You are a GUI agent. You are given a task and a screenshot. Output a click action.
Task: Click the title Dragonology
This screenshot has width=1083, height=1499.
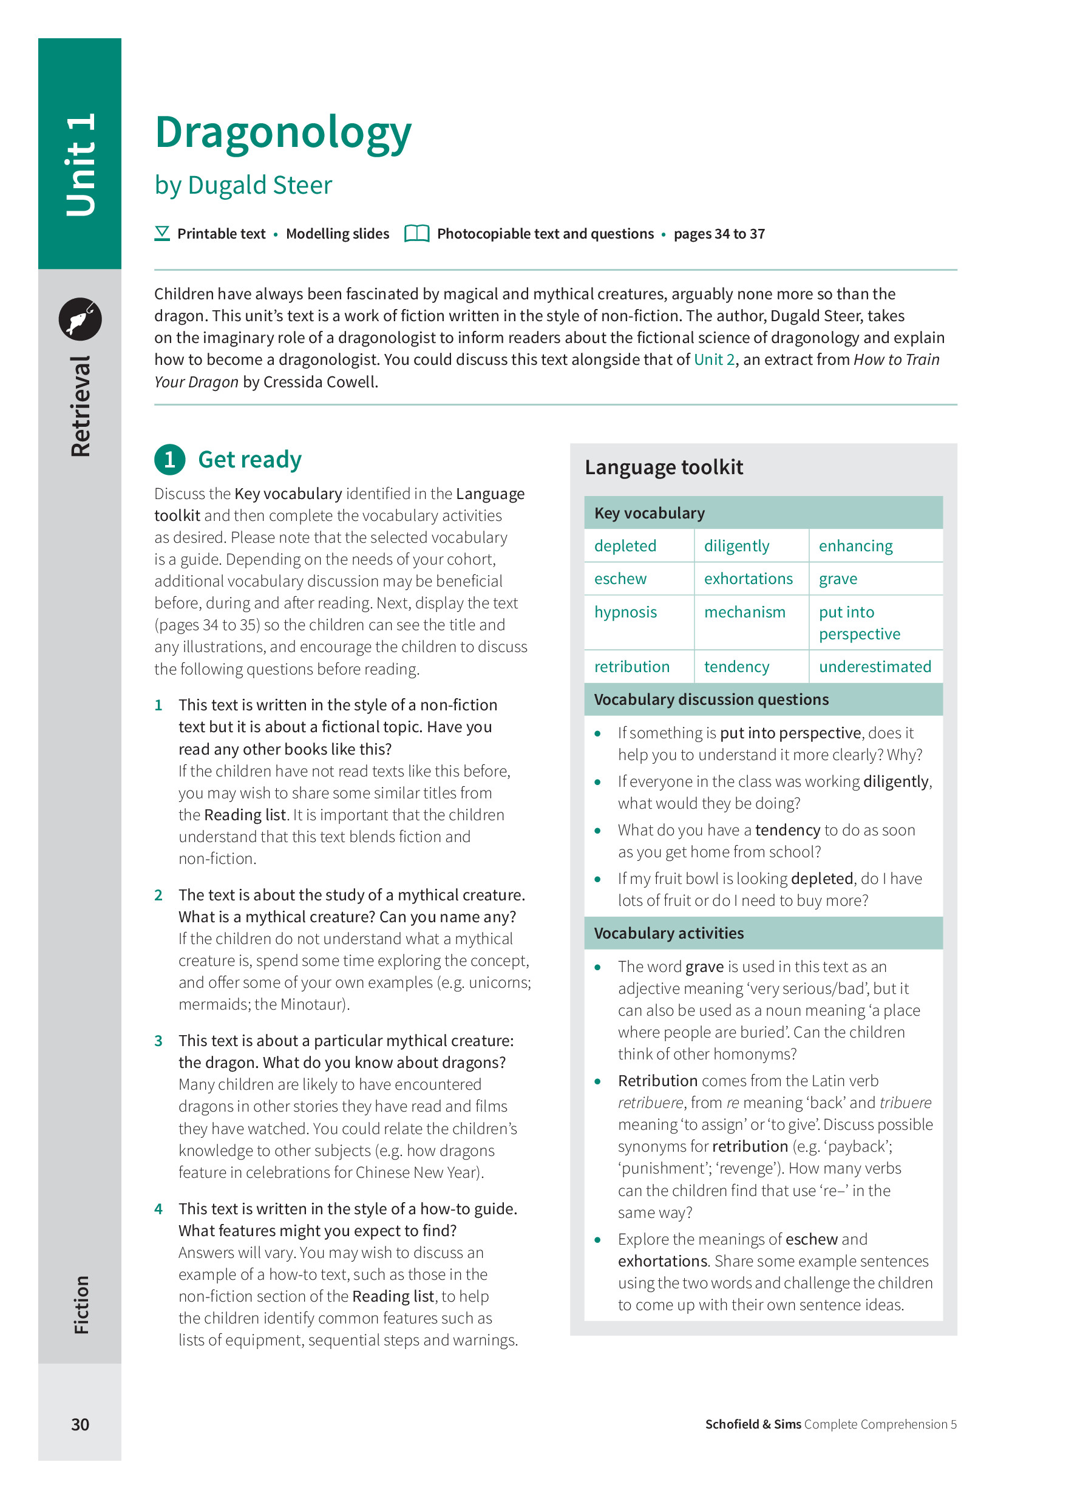[x=283, y=132]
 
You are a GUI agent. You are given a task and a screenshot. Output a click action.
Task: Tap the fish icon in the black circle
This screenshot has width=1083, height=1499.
[x=80, y=319]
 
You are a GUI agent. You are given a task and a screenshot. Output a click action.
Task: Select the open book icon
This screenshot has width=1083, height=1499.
[x=416, y=234]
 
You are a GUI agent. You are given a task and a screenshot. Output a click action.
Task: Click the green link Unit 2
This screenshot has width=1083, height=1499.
[x=714, y=360]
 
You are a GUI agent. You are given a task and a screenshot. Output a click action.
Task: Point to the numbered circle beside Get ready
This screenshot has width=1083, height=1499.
[x=170, y=460]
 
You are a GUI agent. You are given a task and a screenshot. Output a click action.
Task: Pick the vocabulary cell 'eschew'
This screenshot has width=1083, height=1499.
[x=620, y=579]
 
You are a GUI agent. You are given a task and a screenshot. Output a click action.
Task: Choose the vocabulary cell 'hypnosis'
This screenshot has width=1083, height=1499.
[x=625, y=613]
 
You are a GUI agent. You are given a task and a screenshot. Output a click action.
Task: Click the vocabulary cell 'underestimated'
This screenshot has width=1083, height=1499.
[x=874, y=667]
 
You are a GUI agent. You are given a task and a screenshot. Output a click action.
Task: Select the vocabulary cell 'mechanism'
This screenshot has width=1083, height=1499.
[x=745, y=613]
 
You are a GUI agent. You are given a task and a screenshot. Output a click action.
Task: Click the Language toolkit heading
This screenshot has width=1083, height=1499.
[x=664, y=468]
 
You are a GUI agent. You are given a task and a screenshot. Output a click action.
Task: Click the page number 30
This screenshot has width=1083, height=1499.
[x=80, y=1424]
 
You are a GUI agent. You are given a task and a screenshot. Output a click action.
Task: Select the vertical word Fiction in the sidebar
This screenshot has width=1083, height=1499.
[x=81, y=1305]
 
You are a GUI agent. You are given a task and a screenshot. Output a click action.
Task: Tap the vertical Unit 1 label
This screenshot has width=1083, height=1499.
[x=81, y=165]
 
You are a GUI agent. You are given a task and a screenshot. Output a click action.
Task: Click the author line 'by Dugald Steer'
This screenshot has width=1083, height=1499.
[x=243, y=186]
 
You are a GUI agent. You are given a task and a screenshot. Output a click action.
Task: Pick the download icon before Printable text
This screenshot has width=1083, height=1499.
[x=162, y=234]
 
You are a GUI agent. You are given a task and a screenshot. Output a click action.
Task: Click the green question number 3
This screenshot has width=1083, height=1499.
[x=158, y=1041]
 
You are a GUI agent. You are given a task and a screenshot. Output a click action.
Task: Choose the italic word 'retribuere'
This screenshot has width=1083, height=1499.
[x=650, y=1103]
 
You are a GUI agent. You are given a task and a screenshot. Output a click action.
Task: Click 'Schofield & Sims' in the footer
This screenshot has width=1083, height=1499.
[x=753, y=1424]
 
